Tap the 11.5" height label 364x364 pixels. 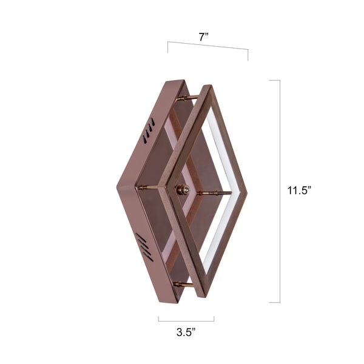[x=299, y=190]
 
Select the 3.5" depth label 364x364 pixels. [x=186, y=332]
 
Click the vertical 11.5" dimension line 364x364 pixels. [x=280, y=191]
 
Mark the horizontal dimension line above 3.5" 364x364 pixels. [x=186, y=320]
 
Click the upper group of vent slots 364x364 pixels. [x=149, y=134]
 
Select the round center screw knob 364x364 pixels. [x=181, y=190]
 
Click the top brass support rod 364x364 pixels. [x=189, y=98]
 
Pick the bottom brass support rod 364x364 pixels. [x=184, y=284]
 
